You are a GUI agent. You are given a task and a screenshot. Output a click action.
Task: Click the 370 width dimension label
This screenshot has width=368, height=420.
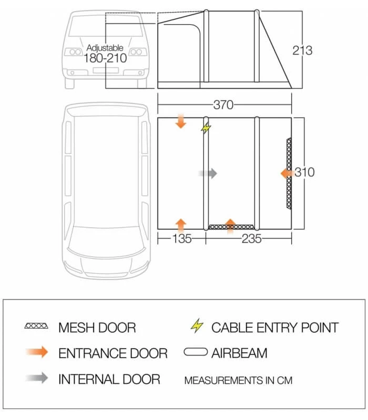point(223,105)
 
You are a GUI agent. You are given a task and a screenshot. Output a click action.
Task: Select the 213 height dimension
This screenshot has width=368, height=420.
point(302,50)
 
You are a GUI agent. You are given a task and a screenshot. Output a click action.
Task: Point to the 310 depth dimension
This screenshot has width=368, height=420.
point(304,172)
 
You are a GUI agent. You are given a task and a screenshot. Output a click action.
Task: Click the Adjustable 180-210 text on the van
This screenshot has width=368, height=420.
point(105,54)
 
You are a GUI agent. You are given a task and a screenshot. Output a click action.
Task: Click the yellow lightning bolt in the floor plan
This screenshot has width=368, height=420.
point(206,128)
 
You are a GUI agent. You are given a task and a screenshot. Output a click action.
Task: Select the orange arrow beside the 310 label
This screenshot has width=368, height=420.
point(287,173)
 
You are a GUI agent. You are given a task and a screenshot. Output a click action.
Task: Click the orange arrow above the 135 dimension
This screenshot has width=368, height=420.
point(180,224)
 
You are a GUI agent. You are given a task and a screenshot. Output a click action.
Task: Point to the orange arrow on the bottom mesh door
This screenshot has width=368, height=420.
point(230,225)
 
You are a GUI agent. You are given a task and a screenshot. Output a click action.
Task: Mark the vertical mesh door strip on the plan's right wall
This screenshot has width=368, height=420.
point(288,173)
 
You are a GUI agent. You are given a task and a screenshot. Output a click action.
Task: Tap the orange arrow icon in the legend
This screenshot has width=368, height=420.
point(36,352)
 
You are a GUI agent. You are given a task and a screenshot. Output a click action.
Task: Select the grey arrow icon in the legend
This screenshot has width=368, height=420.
point(36,378)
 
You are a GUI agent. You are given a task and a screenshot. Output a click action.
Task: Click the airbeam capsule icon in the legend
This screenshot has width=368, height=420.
point(196,352)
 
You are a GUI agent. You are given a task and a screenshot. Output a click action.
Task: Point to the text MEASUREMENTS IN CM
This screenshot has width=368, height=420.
point(238,380)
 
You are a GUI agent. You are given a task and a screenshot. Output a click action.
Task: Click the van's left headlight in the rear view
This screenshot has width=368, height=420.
point(72,52)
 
